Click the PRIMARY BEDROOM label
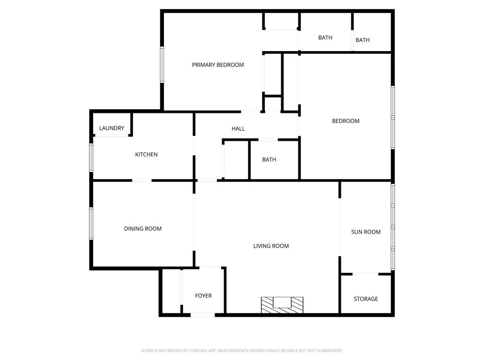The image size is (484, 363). pyautogui.click(x=218, y=65)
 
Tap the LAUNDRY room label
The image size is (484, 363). pyautogui.click(x=112, y=128)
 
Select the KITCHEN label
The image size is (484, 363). pyautogui.click(x=147, y=155)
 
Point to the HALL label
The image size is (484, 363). pyautogui.click(x=238, y=129)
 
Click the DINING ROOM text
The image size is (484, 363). pyautogui.click(x=143, y=229)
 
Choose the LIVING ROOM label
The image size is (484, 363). pyautogui.click(x=271, y=246)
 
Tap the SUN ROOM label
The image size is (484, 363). pyautogui.click(x=366, y=232)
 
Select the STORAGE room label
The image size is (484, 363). pyautogui.click(x=366, y=299)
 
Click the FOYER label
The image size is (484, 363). pyautogui.click(x=203, y=296)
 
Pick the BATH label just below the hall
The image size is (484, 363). pyautogui.click(x=269, y=160)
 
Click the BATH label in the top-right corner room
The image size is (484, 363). pyautogui.click(x=363, y=40)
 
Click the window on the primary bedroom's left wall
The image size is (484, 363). pyautogui.click(x=162, y=65)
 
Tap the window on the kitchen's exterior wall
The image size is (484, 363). pyautogui.click(x=91, y=157)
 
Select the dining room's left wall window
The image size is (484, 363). pyautogui.click(x=91, y=223)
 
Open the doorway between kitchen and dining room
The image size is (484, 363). pyautogui.click(x=142, y=180)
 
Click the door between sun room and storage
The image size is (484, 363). pyautogui.click(x=365, y=273)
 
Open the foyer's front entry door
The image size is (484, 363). pyautogui.click(x=203, y=315)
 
